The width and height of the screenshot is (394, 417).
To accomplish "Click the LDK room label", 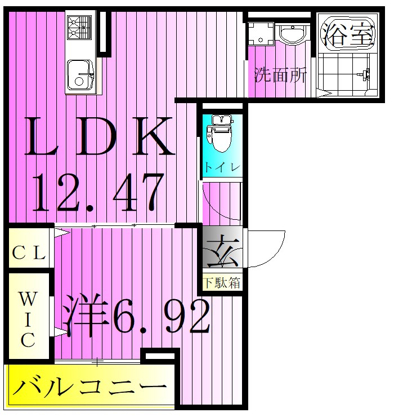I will coord(98,137).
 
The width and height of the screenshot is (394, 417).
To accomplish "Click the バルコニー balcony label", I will coord(90,388).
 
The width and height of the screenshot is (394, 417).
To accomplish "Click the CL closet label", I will coord(28,253).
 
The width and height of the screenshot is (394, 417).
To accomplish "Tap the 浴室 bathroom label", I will coord(348,36).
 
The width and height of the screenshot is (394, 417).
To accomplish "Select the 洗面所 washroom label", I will coord(280,75).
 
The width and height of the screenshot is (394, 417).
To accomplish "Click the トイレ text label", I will coord(222,167).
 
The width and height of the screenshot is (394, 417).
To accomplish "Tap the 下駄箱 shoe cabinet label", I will coord(222,282).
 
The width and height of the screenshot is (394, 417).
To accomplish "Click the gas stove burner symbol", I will coord(79,27).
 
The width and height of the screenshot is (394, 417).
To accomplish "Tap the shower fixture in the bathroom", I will coord(364,73).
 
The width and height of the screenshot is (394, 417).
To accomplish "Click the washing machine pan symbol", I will coord(259,34).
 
